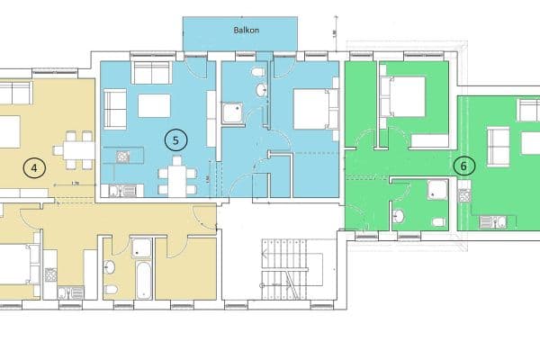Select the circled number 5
[x=175, y=139]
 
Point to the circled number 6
[x=464, y=166]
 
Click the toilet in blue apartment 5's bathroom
[x=257, y=72]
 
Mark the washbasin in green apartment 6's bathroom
[x=397, y=216]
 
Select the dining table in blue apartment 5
[x=176, y=175]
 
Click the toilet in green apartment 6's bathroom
[x=437, y=220]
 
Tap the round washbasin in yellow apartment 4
[x=110, y=267]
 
